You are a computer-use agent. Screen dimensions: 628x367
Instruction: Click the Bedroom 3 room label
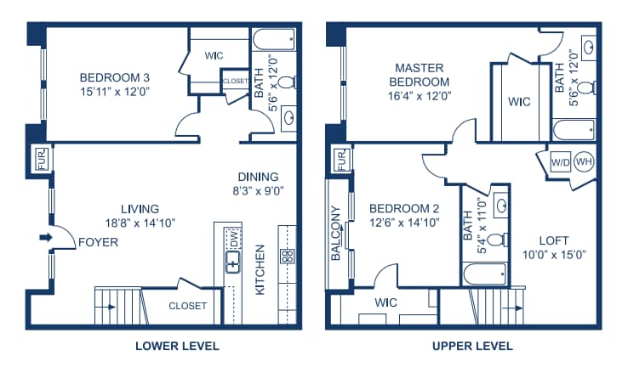(x=115, y=77)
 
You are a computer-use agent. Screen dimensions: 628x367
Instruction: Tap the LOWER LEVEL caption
(x=177, y=347)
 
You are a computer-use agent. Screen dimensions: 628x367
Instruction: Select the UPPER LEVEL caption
(x=472, y=347)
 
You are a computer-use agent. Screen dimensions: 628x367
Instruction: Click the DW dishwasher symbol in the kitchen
(x=233, y=238)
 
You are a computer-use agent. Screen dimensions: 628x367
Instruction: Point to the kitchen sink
(x=233, y=262)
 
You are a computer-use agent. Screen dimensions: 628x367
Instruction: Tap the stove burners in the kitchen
(x=287, y=257)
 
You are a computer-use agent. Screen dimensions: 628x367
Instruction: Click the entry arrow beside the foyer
(x=46, y=238)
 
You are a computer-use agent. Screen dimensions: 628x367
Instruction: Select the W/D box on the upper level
(x=560, y=162)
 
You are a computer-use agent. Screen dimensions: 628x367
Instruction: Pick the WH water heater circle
(x=584, y=161)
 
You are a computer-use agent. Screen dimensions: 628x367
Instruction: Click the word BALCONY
(x=335, y=234)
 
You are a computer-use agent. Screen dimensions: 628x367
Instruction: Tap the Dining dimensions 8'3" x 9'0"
(x=259, y=190)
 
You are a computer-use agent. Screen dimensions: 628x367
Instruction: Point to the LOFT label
(x=554, y=240)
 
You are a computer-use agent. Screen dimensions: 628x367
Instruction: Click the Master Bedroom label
(x=420, y=75)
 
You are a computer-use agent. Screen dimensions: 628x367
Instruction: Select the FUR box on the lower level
(x=42, y=159)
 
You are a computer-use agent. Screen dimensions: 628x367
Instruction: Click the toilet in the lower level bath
(x=287, y=82)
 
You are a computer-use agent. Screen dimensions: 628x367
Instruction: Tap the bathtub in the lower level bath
(x=274, y=39)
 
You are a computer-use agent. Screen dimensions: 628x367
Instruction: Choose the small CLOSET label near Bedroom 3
(x=236, y=81)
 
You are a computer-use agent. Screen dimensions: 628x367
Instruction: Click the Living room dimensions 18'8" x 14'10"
(x=140, y=223)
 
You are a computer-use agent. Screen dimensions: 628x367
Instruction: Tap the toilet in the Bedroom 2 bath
(x=499, y=240)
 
